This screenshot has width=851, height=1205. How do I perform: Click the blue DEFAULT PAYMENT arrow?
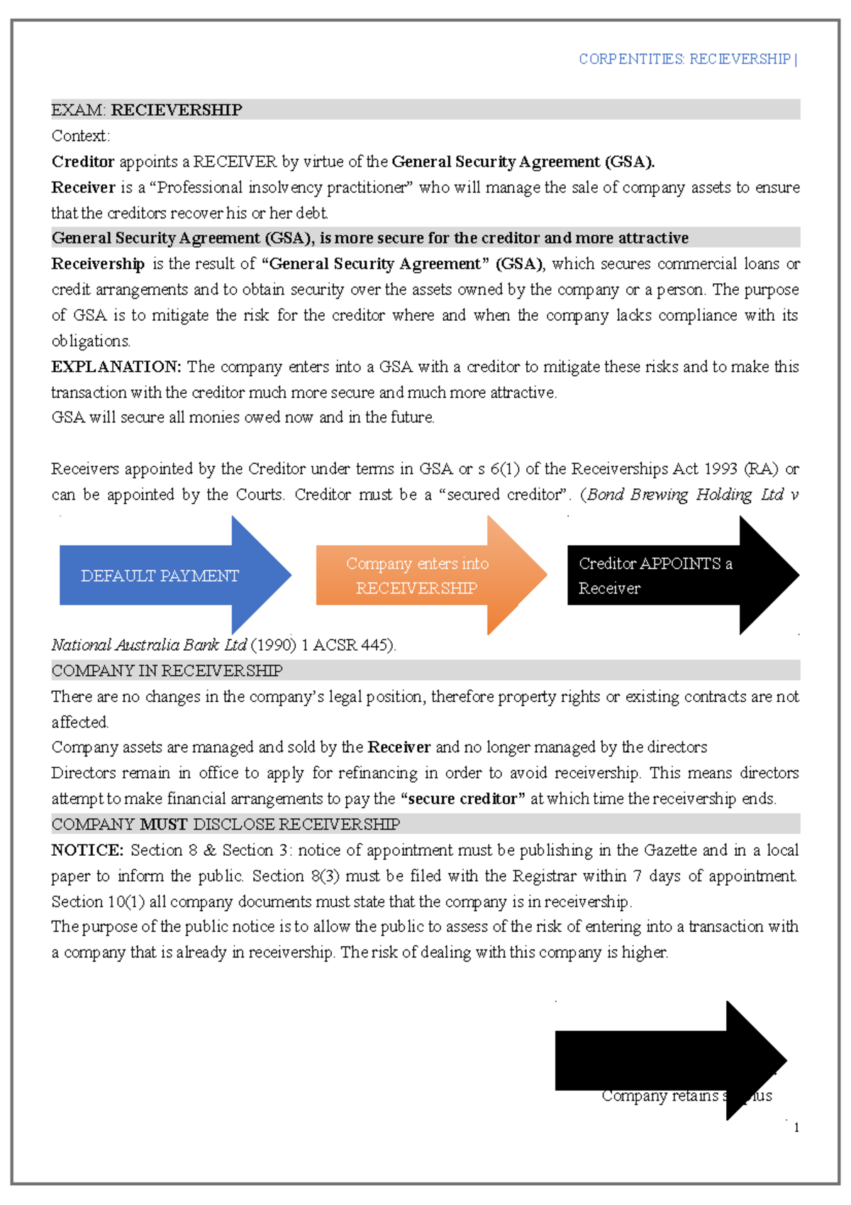(x=160, y=576)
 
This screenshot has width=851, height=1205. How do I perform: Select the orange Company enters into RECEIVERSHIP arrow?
(x=417, y=576)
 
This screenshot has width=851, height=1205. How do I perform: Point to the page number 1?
(x=796, y=1128)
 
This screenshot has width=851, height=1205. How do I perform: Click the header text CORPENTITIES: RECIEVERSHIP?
(x=684, y=59)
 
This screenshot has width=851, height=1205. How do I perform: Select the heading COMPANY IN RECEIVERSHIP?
(x=167, y=671)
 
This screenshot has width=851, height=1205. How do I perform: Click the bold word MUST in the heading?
(x=163, y=824)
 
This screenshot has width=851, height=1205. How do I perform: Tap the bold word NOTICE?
(x=87, y=850)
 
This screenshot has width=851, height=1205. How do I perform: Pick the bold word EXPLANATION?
(x=116, y=367)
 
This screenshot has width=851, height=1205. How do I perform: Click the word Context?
(x=80, y=136)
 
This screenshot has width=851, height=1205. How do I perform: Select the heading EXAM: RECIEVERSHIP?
(x=147, y=110)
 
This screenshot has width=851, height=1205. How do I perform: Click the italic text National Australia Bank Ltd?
(x=149, y=645)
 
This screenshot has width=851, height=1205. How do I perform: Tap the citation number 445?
(x=374, y=645)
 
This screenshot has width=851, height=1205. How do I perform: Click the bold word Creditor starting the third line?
(x=83, y=162)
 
